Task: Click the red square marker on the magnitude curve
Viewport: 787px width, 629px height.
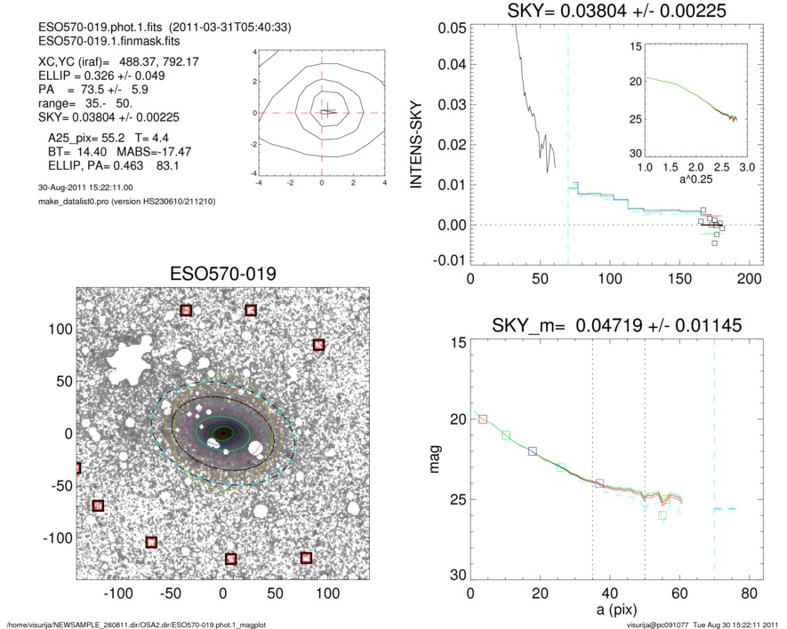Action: coord(483,418)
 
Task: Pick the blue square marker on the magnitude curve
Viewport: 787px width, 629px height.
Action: coord(533,451)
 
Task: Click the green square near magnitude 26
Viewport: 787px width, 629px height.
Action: coord(663,515)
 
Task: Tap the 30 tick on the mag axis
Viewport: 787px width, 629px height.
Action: coord(455,577)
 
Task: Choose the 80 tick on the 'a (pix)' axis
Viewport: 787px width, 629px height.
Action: coord(750,593)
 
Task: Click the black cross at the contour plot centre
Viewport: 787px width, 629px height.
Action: coord(327,111)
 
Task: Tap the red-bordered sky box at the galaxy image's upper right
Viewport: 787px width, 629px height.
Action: coord(318,345)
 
